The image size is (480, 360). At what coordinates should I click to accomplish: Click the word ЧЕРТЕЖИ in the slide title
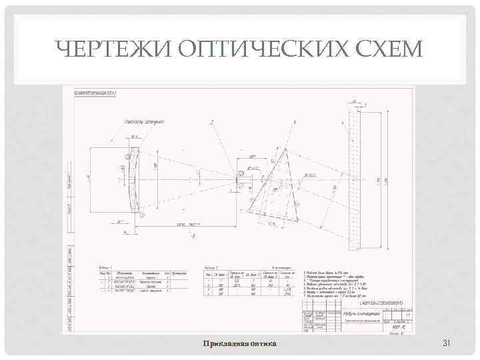click(x=109, y=49)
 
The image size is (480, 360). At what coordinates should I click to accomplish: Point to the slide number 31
click(x=447, y=343)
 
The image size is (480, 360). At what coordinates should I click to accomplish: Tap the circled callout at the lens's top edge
click(x=129, y=156)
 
